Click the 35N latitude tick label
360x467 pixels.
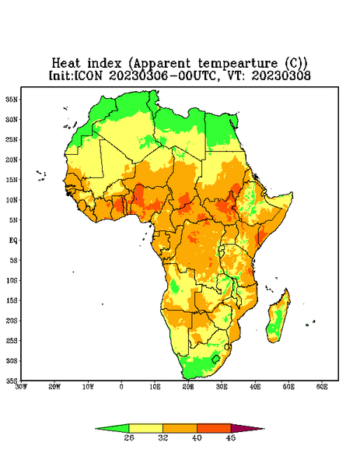point(12,99)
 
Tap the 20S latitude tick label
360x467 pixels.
point(12,321)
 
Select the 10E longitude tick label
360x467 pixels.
point(155,387)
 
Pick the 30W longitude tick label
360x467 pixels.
point(21,387)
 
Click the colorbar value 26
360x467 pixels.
point(129,437)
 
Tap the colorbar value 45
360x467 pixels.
point(231,437)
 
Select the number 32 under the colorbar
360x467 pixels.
point(163,437)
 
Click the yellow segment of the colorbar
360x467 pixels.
point(145,428)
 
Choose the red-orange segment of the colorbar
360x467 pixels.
point(214,428)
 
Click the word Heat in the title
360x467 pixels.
point(66,63)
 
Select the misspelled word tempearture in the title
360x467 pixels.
point(237,64)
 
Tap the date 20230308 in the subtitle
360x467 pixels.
point(281,75)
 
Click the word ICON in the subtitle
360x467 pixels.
point(88,75)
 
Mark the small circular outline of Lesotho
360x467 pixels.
point(216,359)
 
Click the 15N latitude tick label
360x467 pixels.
point(12,180)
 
